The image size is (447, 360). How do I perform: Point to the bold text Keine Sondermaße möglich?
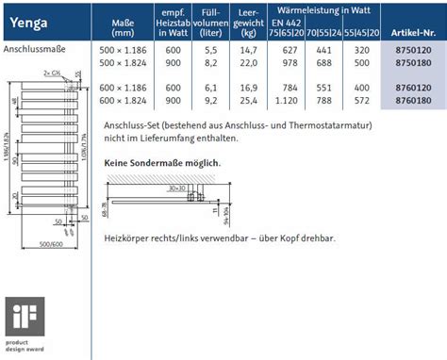(x=162, y=163)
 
